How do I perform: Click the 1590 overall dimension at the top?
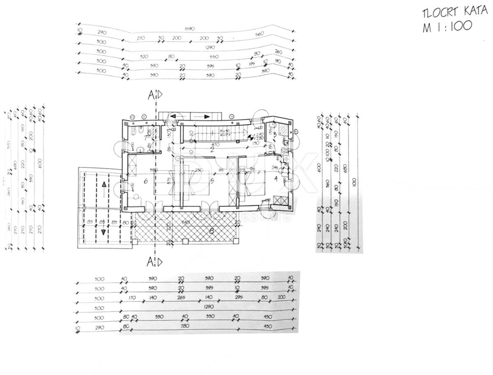(x=189, y=28)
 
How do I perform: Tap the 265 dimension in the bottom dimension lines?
(x=181, y=298)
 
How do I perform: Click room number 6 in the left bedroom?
(x=145, y=180)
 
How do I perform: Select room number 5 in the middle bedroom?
(x=212, y=180)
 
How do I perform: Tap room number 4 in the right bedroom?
(x=276, y=178)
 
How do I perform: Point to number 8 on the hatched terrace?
(x=211, y=231)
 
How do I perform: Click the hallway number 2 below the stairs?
(x=212, y=149)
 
